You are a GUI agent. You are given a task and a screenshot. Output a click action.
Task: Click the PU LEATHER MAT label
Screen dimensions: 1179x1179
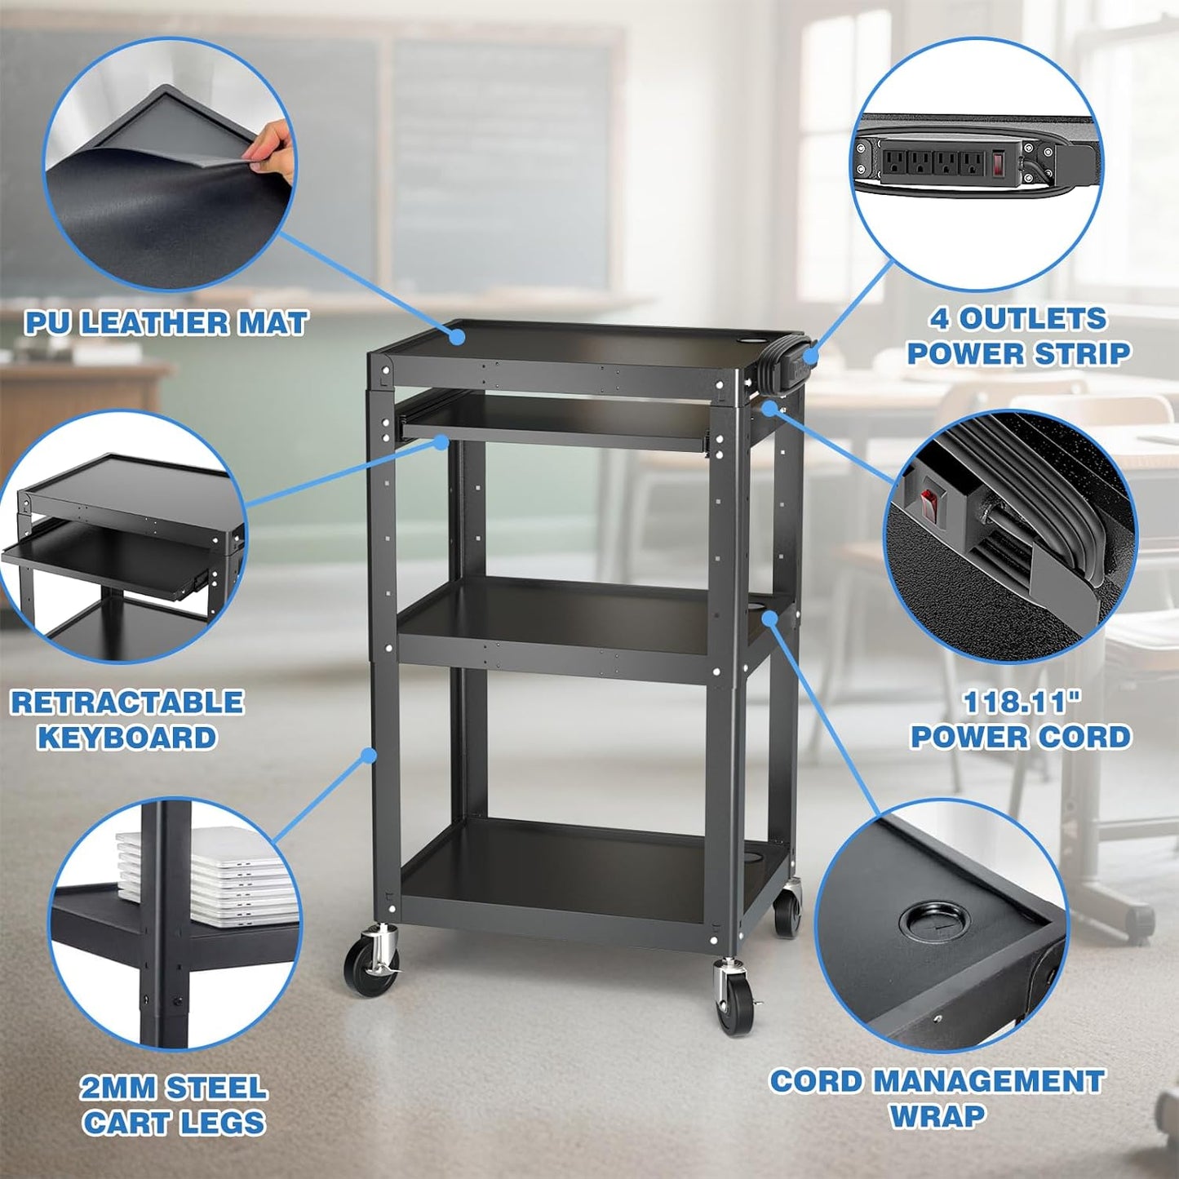(166, 323)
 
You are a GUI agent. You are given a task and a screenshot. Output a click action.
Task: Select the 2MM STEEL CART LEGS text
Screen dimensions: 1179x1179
(174, 1105)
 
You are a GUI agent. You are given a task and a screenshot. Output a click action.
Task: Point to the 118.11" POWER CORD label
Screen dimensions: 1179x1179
(1020, 720)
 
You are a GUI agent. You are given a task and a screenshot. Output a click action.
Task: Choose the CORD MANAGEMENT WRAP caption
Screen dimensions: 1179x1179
(937, 1097)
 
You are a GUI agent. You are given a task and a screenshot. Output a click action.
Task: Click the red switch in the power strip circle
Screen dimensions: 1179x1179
(999, 163)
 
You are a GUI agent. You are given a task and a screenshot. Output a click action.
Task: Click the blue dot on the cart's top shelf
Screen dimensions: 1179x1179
(459, 335)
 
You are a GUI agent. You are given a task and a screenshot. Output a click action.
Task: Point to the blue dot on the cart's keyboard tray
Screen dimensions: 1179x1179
(441, 442)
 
